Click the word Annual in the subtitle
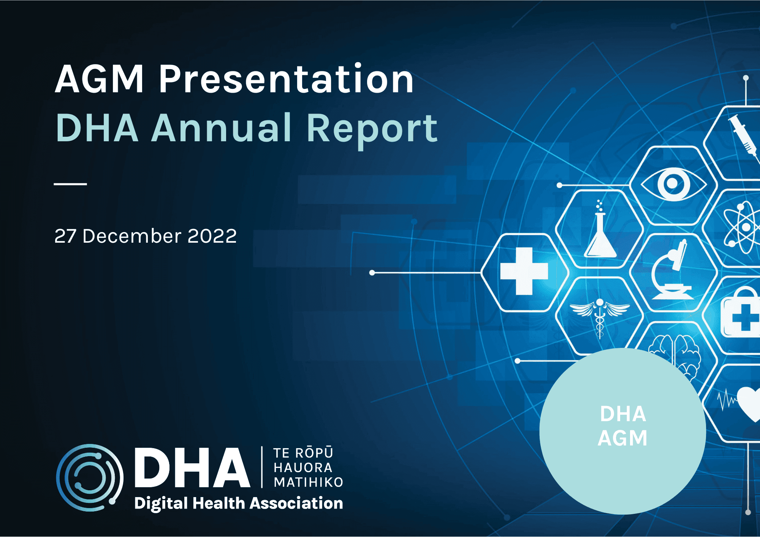coord(222,128)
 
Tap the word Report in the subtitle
coord(372,129)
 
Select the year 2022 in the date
coord(212,236)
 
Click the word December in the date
coord(132,236)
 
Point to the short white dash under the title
coord(70,184)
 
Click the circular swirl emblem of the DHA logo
coord(90,477)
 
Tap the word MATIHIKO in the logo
coord(308,482)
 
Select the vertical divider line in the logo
coord(262,467)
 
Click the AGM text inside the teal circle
coord(622,438)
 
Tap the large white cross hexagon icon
coord(524,271)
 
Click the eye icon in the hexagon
coord(673,184)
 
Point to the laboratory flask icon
coord(600,232)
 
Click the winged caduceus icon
coord(600,315)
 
